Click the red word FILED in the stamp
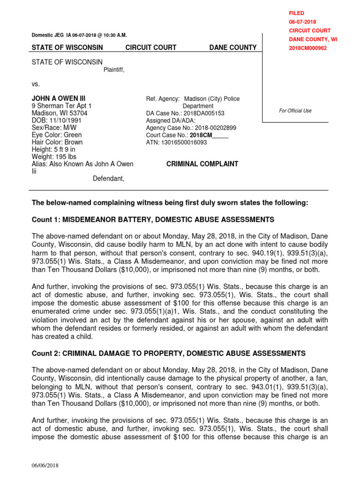pyautogui.click(x=297, y=14)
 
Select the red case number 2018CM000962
pyautogui.click(x=307, y=48)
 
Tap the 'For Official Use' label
pyautogui.click(x=295, y=111)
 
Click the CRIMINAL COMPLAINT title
pyautogui.click(x=202, y=164)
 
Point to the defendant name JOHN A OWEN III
pyautogui.click(x=58, y=99)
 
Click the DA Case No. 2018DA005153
pyautogui.click(x=204, y=113)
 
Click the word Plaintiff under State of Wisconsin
pyautogui.click(x=114, y=70)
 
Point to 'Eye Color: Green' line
pyautogui.click(x=56, y=135)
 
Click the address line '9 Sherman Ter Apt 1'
pyautogui.click(x=61, y=106)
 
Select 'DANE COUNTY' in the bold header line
pyautogui.click(x=232, y=47)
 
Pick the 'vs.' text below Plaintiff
pyautogui.click(x=36, y=84)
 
